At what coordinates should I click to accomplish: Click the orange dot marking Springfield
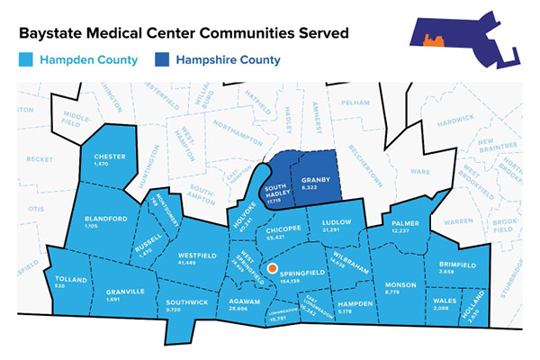click(x=272, y=268)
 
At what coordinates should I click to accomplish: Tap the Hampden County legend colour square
click(x=24, y=61)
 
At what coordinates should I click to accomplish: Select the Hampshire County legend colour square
click(x=163, y=61)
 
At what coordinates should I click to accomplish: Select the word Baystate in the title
click(x=53, y=33)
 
